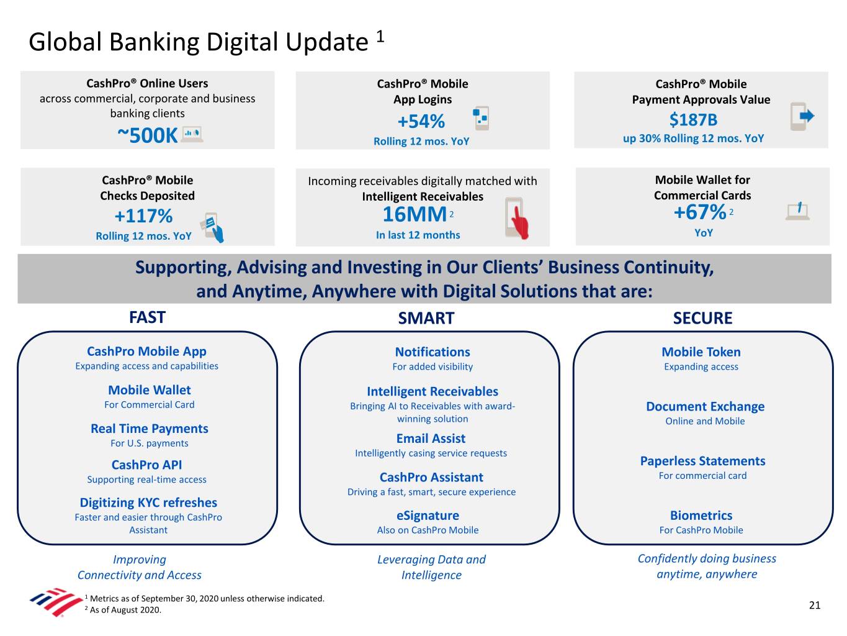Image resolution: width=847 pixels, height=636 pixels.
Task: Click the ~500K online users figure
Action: tap(148, 135)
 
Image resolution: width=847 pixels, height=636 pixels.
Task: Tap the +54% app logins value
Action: tap(421, 121)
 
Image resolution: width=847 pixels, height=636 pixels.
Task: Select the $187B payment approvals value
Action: tap(693, 119)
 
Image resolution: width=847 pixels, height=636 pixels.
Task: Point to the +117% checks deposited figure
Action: tap(143, 216)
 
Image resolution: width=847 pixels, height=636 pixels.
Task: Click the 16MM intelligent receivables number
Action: tap(415, 214)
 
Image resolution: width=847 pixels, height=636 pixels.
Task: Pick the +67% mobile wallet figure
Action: tap(699, 212)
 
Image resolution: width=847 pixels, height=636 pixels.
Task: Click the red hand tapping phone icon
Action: tap(516, 219)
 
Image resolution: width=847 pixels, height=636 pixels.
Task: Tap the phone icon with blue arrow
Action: tap(801, 116)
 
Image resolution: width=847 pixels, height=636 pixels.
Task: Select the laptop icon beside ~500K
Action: tap(192, 134)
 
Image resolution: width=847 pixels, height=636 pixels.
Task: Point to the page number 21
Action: tap(815, 605)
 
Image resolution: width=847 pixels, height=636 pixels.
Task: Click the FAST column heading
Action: tap(147, 317)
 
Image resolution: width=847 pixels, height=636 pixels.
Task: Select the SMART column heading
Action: tap(426, 318)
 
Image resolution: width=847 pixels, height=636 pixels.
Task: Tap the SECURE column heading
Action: tap(702, 318)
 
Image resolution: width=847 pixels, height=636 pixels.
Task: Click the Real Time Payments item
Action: tap(149, 429)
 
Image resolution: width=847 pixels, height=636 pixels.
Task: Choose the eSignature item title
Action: tap(428, 516)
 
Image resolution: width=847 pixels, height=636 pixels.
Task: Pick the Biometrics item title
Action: tap(701, 516)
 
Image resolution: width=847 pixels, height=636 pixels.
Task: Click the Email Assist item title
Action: tap(431, 438)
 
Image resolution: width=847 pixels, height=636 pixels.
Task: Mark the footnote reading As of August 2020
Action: tap(125, 610)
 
